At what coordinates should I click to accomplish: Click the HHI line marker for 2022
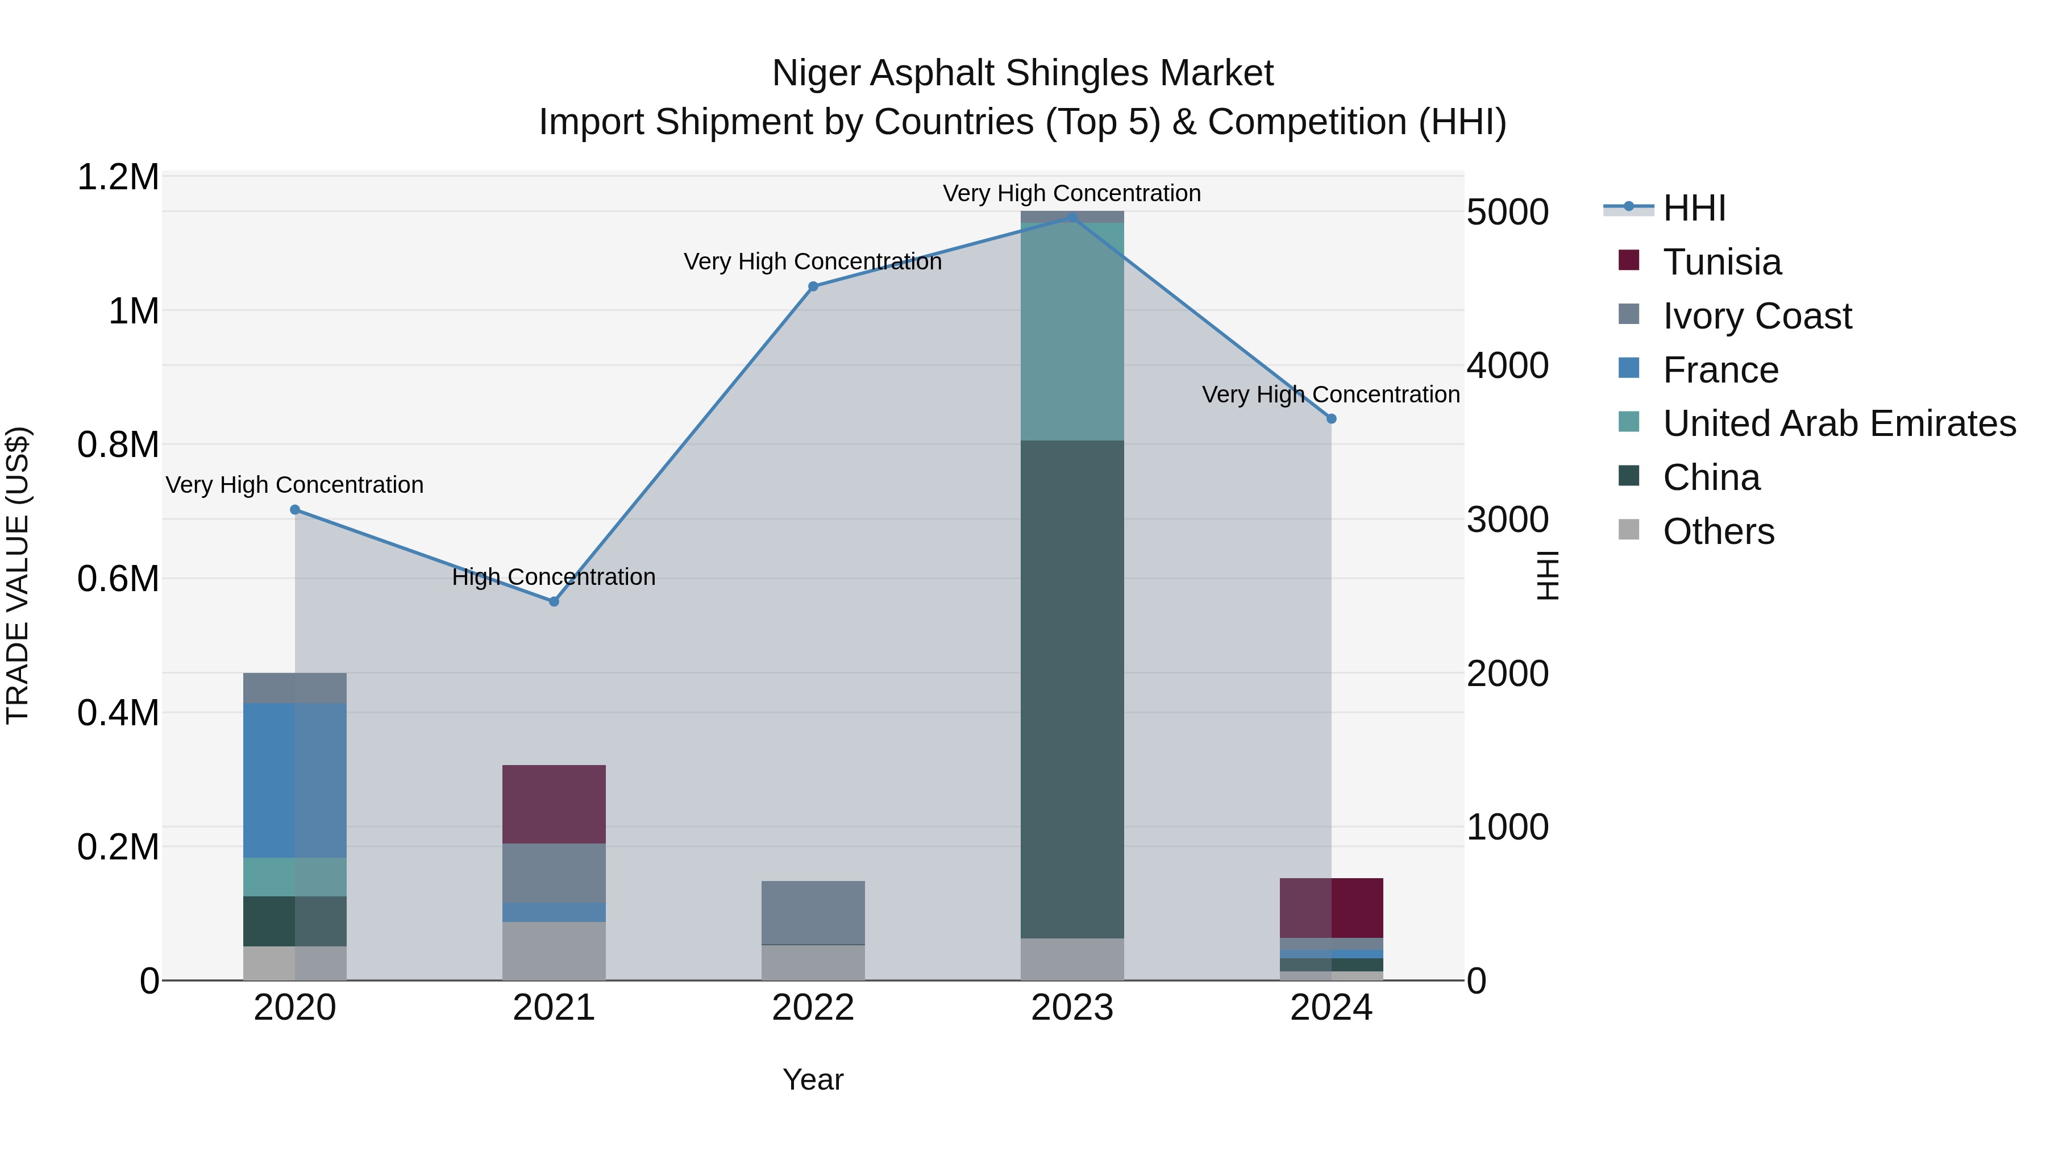click(813, 287)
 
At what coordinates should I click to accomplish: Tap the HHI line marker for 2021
click(554, 601)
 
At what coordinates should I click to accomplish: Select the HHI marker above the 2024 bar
click(1331, 418)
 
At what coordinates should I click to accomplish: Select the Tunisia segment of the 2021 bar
click(554, 804)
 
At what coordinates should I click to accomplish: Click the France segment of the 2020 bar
click(294, 780)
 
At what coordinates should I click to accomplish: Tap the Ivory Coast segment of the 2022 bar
click(813, 912)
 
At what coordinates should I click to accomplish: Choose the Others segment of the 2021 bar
click(554, 951)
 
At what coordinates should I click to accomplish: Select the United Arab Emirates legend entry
click(1838, 423)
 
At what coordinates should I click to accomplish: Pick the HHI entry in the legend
click(1694, 208)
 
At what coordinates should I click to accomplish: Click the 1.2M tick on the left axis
click(118, 177)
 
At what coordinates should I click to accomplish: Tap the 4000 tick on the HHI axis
click(1507, 366)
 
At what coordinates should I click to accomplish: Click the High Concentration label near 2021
click(554, 577)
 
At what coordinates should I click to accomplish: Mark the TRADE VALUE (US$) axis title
click(18, 575)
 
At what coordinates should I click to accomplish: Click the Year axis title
click(813, 1079)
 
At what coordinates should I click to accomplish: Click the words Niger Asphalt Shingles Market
click(1022, 73)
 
